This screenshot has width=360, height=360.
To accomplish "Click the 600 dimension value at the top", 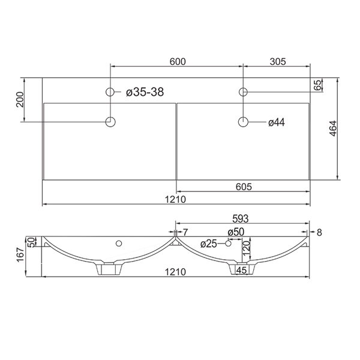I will click(178, 61).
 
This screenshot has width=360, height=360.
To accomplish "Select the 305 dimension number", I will click(277, 61).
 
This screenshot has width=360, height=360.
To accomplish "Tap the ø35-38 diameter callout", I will click(145, 92).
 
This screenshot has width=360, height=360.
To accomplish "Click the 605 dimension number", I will click(243, 187).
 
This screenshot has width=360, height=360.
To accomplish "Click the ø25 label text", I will click(208, 243).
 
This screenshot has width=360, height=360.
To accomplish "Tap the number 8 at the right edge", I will click(319, 232).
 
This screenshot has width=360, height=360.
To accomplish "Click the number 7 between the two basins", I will click(185, 232).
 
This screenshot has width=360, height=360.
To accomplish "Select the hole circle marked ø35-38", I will click(110, 92).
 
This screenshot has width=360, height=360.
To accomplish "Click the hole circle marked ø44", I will click(243, 122).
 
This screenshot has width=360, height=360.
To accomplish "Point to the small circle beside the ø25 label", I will click(227, 243).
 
